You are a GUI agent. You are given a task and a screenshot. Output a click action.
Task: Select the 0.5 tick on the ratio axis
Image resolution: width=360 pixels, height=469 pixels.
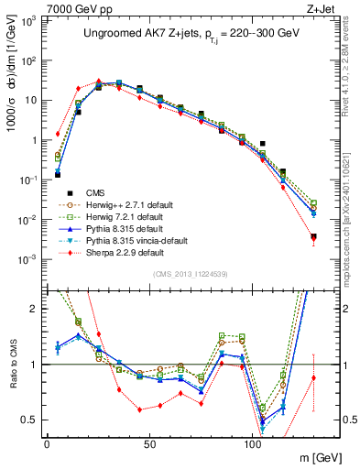click(31, 420)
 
